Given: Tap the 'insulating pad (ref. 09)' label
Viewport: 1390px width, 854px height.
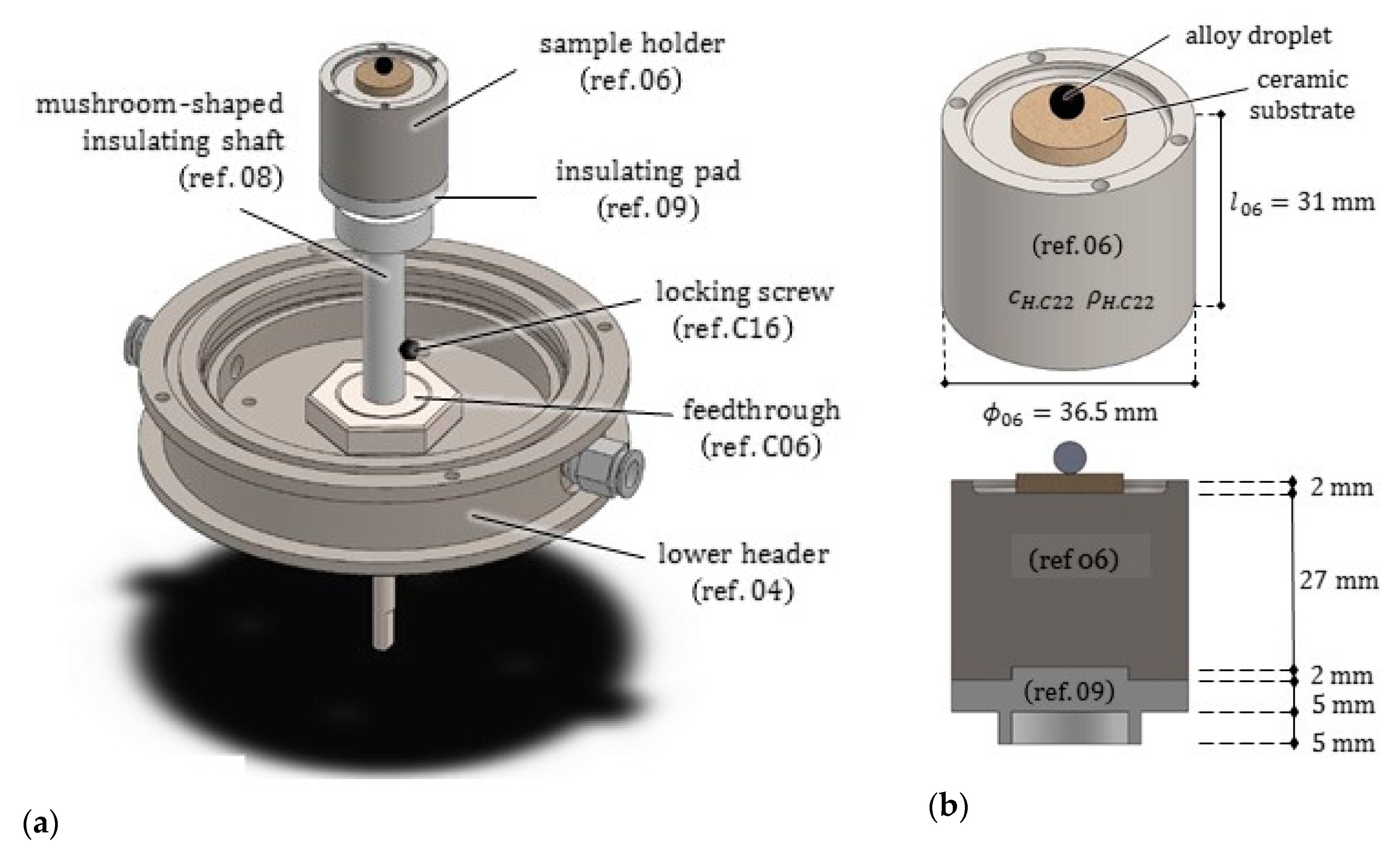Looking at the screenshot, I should (x=648, y=189).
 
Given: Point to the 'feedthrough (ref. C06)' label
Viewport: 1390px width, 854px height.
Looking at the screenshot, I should (x=761, y=428).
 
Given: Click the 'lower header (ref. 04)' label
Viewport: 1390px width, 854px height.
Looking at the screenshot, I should (x=743, y=572).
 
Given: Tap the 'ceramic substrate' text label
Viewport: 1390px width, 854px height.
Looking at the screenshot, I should (x=1302, y=95).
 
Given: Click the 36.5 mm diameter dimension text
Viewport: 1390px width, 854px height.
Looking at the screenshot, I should (x=1069, y=413).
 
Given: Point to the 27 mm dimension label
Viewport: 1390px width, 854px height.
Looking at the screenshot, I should (x=1338, y=580).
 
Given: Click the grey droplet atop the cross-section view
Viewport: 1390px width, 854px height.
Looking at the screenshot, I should (x=1069, y=456).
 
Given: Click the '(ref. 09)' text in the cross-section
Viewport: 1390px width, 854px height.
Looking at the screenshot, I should (x=1069, y=691).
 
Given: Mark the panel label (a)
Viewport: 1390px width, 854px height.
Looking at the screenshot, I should (x=40, y=823).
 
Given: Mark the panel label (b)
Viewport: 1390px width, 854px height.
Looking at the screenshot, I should (x=948, y=806).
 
